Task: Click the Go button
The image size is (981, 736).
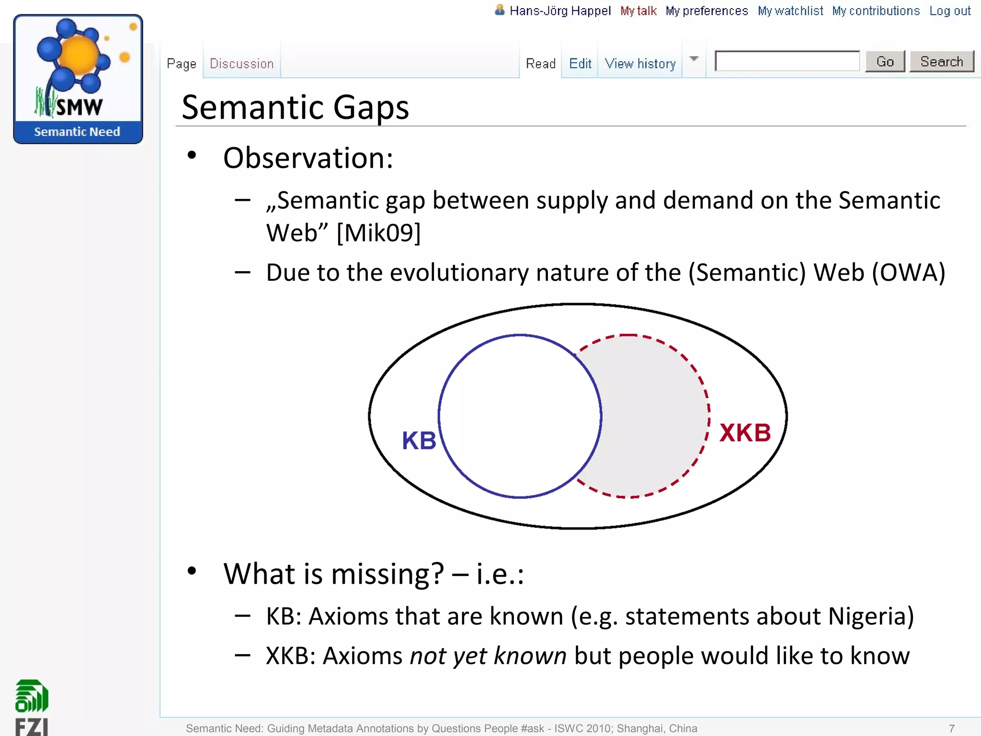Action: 885,62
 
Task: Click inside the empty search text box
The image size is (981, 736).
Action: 787,61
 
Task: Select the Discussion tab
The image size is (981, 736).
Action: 241,64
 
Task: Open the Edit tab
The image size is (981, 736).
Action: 580,64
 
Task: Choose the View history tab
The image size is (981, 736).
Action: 640,64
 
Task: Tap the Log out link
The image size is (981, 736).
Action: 950,11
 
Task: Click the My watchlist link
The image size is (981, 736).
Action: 790,11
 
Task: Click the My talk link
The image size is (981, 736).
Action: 638,11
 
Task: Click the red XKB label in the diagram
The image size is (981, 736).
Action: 745,433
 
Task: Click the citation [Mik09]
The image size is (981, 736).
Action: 378,233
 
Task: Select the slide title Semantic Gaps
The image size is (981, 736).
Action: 295,107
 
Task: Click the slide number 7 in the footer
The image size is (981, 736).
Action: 952,728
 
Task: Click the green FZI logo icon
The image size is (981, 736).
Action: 32,696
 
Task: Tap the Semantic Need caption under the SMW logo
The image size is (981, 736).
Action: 77,132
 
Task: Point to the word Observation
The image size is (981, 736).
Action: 308,158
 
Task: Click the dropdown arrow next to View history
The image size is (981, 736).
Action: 694,59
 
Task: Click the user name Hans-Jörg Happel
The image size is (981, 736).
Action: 559,11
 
